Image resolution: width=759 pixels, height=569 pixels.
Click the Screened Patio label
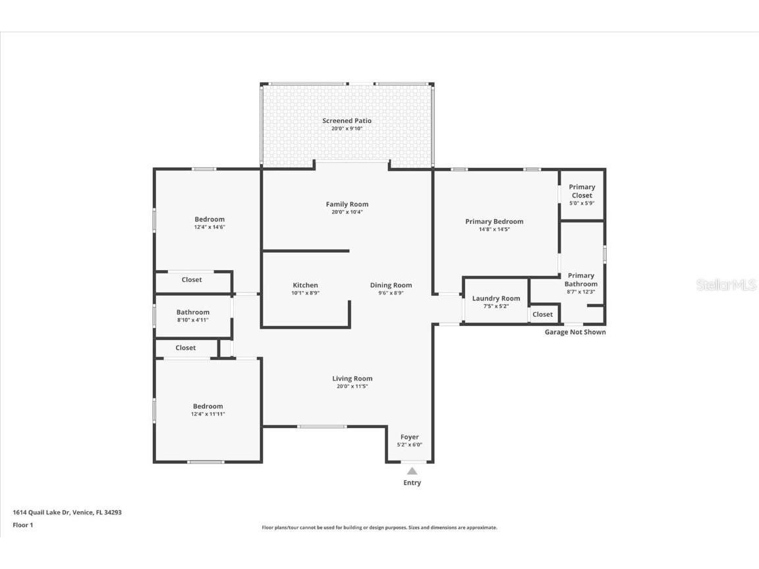pos(347,121)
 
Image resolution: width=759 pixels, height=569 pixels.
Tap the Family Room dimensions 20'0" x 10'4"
pos(347,212)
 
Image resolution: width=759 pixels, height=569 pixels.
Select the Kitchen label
pos(305,285)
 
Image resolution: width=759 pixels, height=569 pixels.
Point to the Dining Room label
pos(391,285)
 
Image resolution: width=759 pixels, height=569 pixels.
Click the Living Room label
pos(352,379)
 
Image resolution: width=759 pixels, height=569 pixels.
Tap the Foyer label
pos(409,437)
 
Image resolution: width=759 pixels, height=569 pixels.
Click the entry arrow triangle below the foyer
pos(412,471)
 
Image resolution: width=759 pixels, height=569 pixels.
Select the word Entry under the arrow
pos(412,483)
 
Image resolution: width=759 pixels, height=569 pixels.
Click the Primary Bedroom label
pos(494,221)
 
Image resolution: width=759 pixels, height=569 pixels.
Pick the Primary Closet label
pos(582,191)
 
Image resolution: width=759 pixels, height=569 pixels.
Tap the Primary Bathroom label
pos(580,280)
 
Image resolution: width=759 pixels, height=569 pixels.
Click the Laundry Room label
pos(496,298)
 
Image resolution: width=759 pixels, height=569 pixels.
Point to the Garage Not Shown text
pos(575,332)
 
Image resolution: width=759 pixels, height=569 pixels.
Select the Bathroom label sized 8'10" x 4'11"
pos(192,312)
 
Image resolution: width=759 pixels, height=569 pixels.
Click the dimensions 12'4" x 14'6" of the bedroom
pos(210,227)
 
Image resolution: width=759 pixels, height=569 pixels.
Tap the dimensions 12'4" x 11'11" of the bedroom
pos(208,414)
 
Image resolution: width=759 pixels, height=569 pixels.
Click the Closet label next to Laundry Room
pos(542,314)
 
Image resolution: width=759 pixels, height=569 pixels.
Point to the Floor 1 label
pos(22,525)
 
